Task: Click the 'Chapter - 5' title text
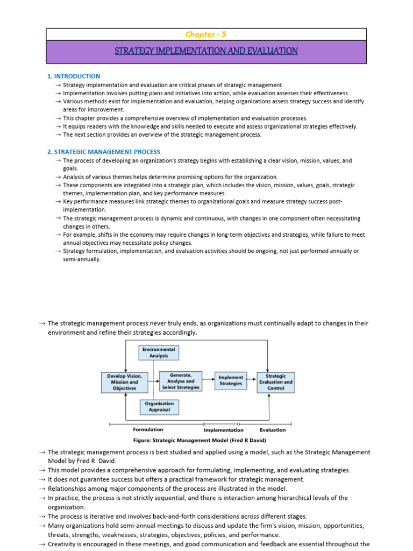pos(206,34)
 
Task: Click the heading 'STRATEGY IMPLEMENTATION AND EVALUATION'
pos(206,51)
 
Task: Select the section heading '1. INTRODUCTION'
pos(74,76)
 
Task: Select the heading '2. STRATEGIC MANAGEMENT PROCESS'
pos(104,152)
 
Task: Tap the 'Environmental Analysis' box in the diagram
pos(159,352)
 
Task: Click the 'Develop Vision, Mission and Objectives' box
pos(124,382)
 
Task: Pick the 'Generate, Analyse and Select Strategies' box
pos(181,381)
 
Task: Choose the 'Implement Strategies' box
pos(231,381)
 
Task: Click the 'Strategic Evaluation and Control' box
pos(276,382)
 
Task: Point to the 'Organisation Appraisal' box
pos(160,407)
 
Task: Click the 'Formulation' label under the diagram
pos(148,430)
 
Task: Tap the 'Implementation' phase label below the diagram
pos(223,430)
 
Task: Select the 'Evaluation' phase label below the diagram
pos(273,430)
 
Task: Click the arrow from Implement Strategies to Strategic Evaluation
pos(252,381)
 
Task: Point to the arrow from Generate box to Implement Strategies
pos(208,381)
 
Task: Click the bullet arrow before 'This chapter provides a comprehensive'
pos(58,118)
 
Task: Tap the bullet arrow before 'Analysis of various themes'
pos(58,177)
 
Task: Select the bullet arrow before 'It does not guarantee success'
pos(42,479)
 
